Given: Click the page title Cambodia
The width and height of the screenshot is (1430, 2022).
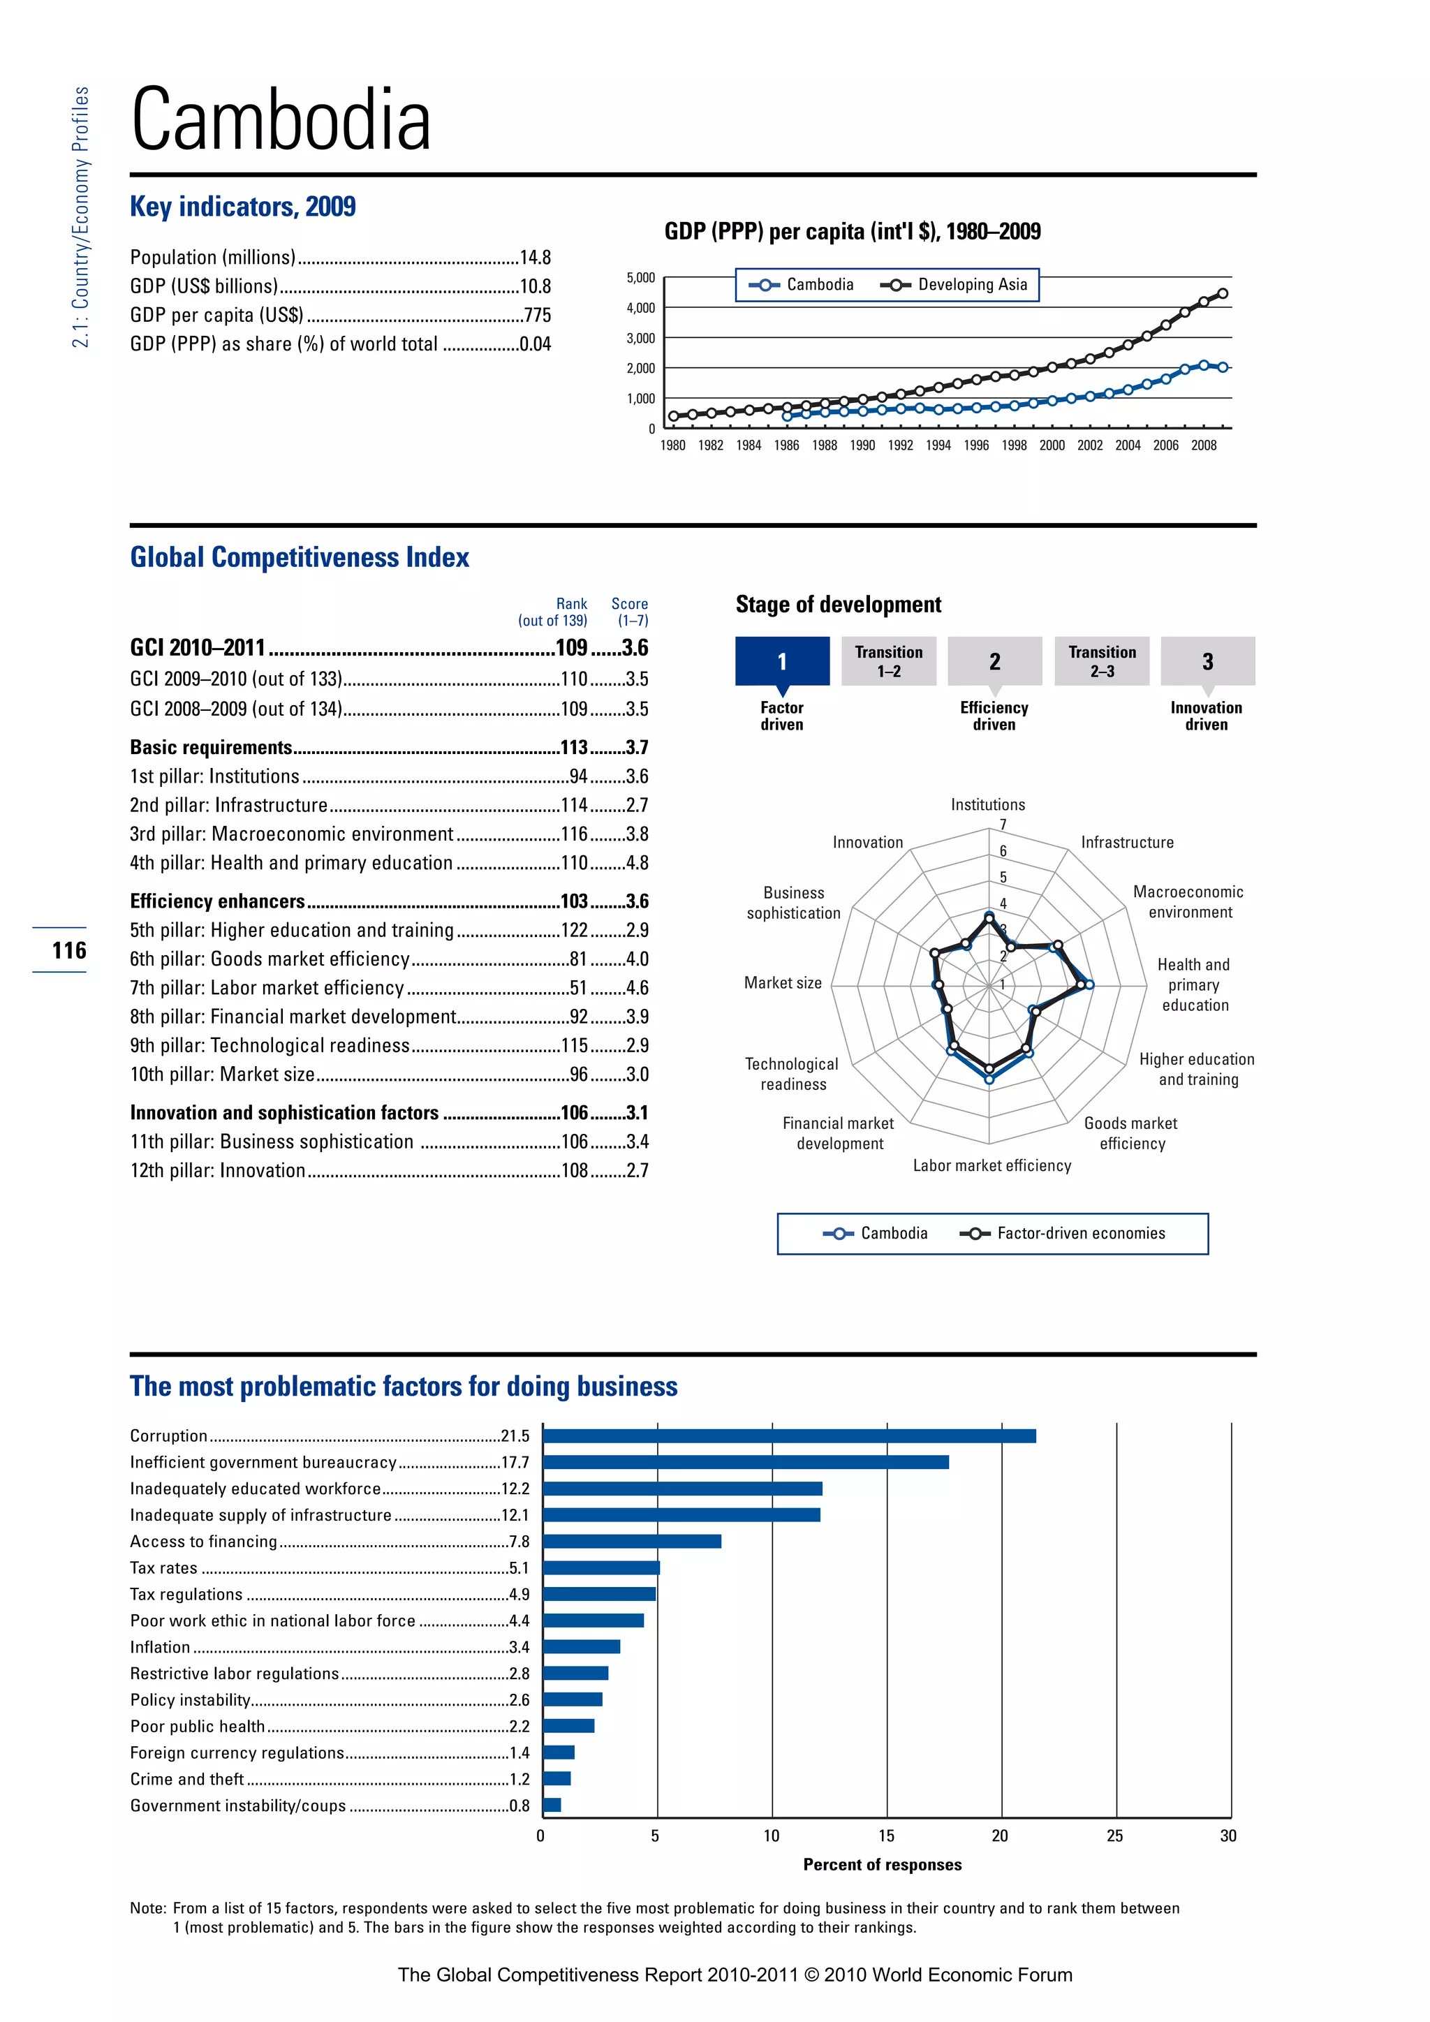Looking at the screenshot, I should (x=281, y=121).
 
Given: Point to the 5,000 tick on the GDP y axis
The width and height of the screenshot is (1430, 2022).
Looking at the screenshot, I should (x=641, y=277).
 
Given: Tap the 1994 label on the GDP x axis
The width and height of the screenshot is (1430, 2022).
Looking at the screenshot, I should (x=938, y=445).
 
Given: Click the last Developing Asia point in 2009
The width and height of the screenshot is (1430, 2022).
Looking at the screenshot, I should (x=1222, y=294).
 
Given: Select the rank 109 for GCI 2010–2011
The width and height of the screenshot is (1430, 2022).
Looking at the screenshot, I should (x=571, y=648).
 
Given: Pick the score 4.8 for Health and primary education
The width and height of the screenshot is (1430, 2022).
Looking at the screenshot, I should (x=637, y=863).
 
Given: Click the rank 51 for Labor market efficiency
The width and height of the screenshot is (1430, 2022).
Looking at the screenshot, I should (x=579, y=988).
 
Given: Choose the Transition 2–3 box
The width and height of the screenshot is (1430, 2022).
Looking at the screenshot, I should (x=1102, y=661).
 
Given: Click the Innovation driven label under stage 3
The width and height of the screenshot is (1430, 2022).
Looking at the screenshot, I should (x=1205, y=716).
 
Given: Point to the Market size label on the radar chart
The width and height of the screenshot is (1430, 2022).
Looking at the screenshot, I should (x=783, y=983).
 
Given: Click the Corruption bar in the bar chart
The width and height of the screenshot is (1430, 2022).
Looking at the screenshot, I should (x=789, y=1436).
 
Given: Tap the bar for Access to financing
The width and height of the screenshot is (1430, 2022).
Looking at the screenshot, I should (x=632, y=1541).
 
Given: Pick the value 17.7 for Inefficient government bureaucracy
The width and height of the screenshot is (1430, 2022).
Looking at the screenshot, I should (x=515, y=1463).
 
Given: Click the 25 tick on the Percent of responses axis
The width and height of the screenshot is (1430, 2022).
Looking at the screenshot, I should (x=1115, y=1836).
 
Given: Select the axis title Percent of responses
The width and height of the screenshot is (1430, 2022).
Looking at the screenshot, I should (x=883, y=1864).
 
